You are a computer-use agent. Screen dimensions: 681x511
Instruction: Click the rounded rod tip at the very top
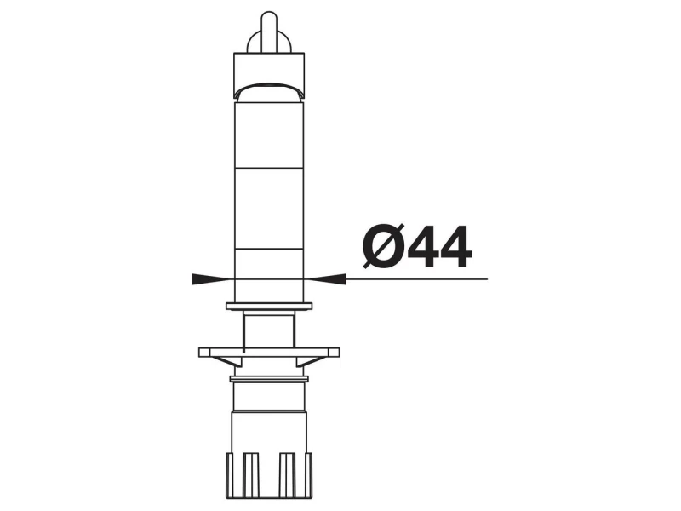coord(269,22)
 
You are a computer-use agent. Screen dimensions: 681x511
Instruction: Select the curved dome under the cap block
coord(269,90)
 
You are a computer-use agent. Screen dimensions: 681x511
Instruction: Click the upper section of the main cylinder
coord(269,135)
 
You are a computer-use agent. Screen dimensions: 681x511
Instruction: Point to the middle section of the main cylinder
coord(269,209)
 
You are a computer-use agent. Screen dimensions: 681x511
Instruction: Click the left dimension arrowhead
coord(210,279)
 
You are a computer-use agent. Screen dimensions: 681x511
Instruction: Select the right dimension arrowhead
coord(328,279)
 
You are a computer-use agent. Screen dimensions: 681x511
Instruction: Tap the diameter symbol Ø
coord(384,245)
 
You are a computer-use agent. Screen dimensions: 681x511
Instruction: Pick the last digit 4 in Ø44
coord(455,246)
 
